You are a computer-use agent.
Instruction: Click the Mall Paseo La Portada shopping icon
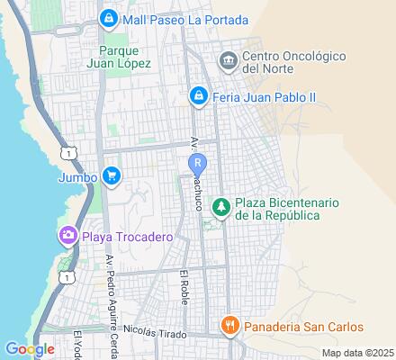108,17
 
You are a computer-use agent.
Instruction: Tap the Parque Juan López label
125,56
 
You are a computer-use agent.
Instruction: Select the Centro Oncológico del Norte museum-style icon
228,60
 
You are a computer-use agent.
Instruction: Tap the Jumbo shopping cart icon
111,175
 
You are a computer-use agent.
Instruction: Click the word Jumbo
77,175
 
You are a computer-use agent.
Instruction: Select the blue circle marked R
198,163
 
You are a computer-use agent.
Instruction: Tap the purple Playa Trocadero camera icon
67,237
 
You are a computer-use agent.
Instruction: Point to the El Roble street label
184,286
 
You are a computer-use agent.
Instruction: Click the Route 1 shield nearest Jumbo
69,153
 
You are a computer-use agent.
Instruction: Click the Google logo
30,348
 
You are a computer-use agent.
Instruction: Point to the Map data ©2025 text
357,353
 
